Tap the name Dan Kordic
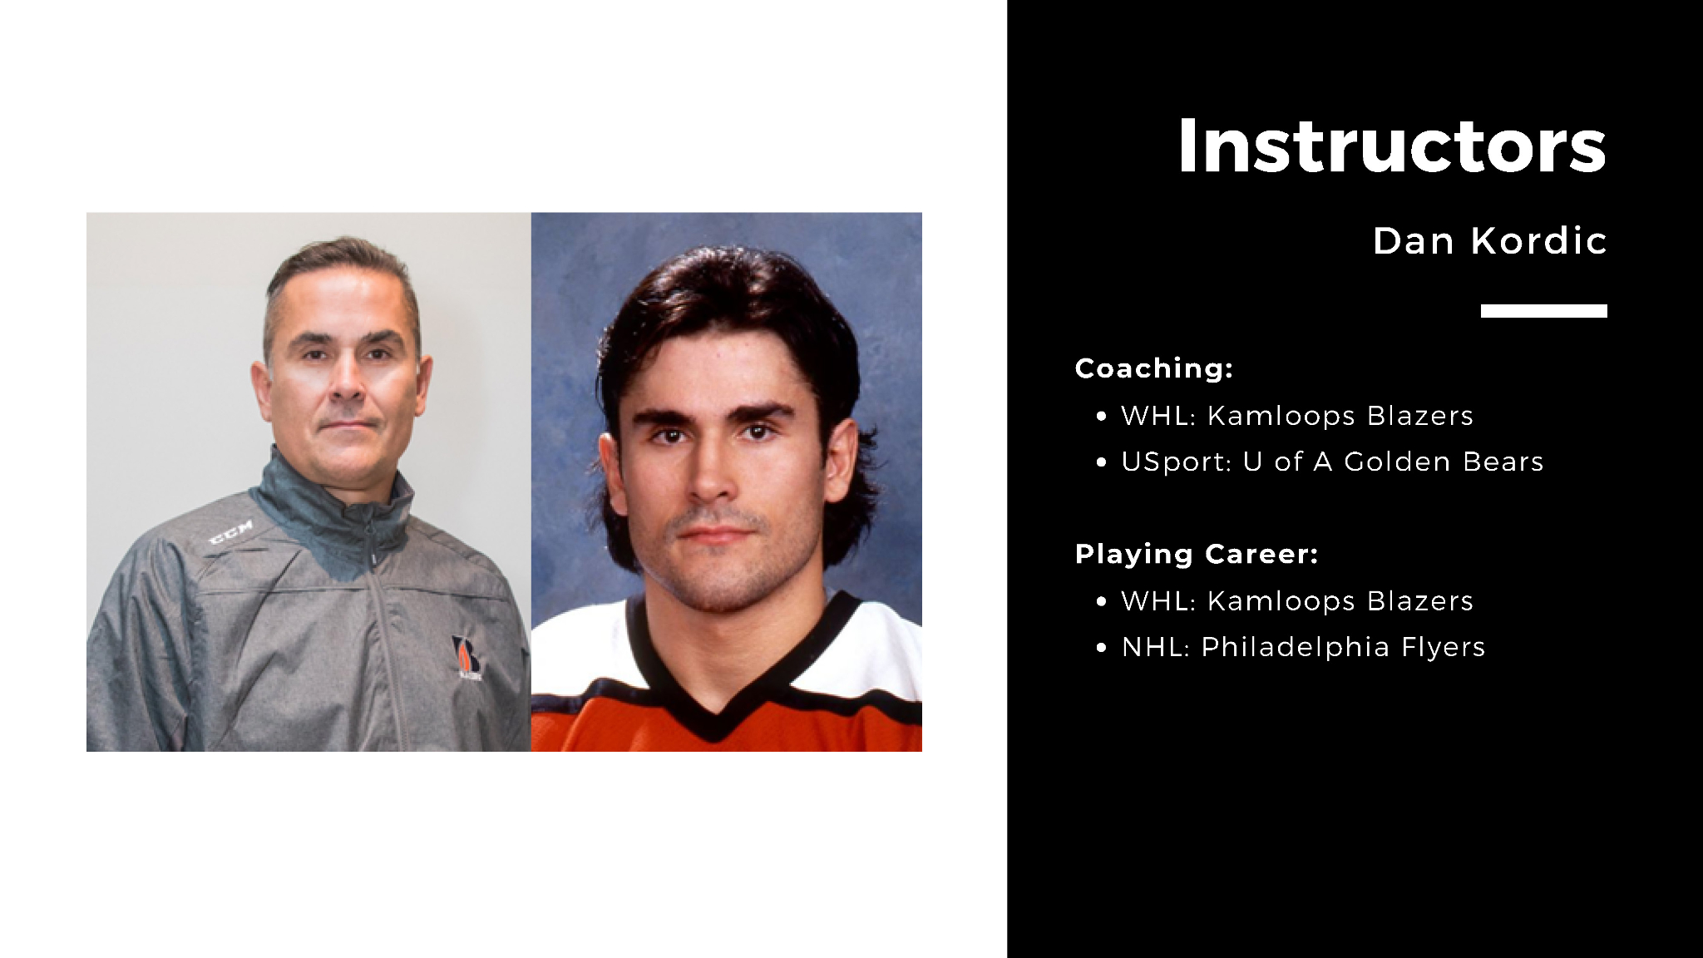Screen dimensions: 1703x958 tap(1489, 241)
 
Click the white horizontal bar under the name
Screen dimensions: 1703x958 tap(1543, 311)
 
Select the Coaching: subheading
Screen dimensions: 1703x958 tap(1153, 368)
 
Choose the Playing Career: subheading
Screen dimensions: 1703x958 tap(1196, 554)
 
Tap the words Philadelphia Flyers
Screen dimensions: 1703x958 tap(1343, 647)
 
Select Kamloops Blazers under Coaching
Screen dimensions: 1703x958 tap(1340, 416)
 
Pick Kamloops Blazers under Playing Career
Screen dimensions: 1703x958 tap(1340, 601)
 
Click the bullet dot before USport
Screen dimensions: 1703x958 tap(1102, 462)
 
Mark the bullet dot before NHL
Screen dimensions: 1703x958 tap(1102, 648)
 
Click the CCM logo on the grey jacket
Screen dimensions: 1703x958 tap(230, 533)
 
